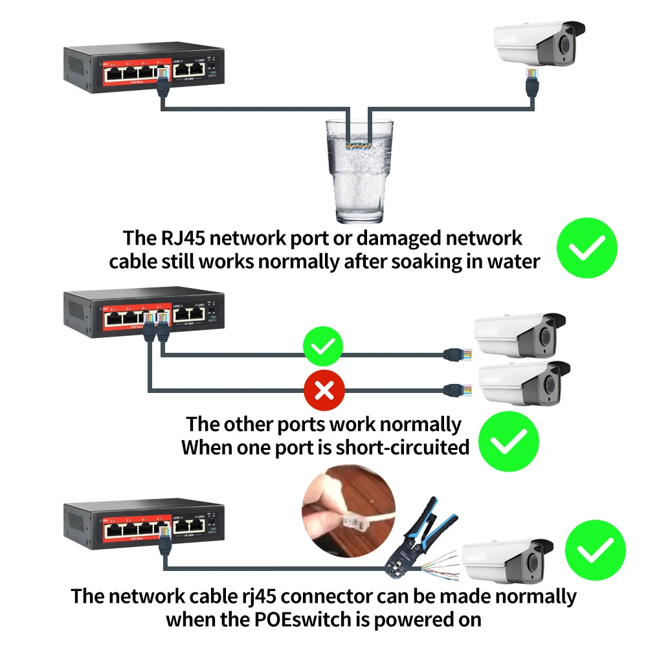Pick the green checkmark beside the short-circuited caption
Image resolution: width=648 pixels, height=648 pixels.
(x=508, y=443)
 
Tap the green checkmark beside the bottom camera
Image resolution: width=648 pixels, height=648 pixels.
(x=595, y=551)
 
